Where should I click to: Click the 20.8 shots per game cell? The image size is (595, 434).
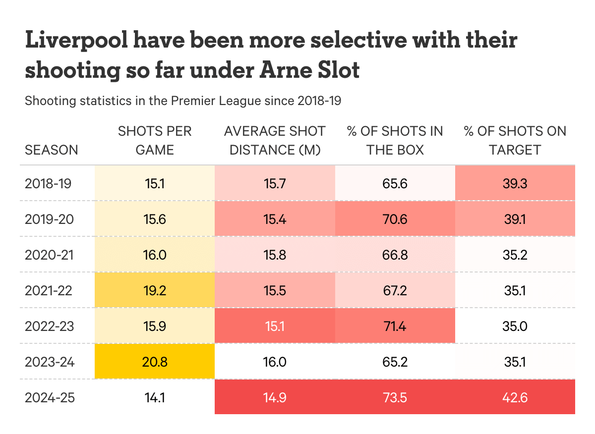coord(155,362)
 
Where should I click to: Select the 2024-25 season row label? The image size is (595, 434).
coord(50,397)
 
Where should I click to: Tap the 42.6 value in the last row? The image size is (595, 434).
coord(515,397)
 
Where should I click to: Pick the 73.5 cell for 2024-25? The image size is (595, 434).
coord(395,397)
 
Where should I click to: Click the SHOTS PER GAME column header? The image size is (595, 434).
coord(155,141)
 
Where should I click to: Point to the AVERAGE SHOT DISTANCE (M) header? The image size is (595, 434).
coord(275,141)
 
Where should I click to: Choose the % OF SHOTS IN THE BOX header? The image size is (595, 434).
coord(395,141)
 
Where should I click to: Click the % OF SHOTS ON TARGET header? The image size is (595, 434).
coord(515,141)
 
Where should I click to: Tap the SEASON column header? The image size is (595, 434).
coord(52,150)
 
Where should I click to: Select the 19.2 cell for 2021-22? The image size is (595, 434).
coord(155,290)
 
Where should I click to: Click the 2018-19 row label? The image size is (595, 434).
coord(48,183)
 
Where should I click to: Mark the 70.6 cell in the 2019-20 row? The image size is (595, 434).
coord(395,219)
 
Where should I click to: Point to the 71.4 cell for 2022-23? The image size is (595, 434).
coord(395,326)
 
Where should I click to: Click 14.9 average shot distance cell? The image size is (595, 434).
coord(275,397)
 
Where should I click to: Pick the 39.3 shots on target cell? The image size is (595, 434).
coord(515,183)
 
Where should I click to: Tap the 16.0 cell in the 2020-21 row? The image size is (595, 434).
coord(155,255)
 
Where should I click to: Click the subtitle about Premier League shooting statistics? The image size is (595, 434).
coord(183,101)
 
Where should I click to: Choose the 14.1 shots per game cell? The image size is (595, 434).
coord(155,397)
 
